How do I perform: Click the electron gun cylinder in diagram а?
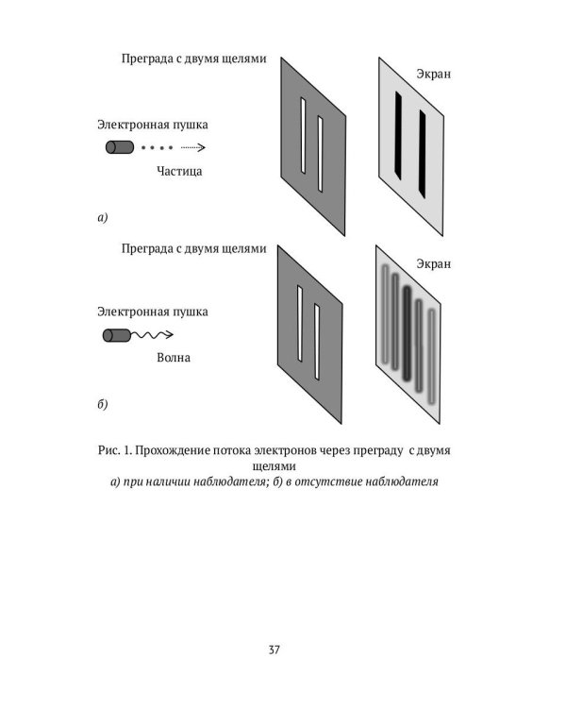click(x=119, y=147)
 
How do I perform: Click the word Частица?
click(x=179, y=172)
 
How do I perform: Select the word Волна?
click(x=174, y=359)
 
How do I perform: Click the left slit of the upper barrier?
click(x=303, y=135)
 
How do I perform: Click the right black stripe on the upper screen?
click(x=420, y=148)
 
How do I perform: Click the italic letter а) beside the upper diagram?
click(x=103, y=218)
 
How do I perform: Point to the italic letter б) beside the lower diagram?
click(x=103, y=405)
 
